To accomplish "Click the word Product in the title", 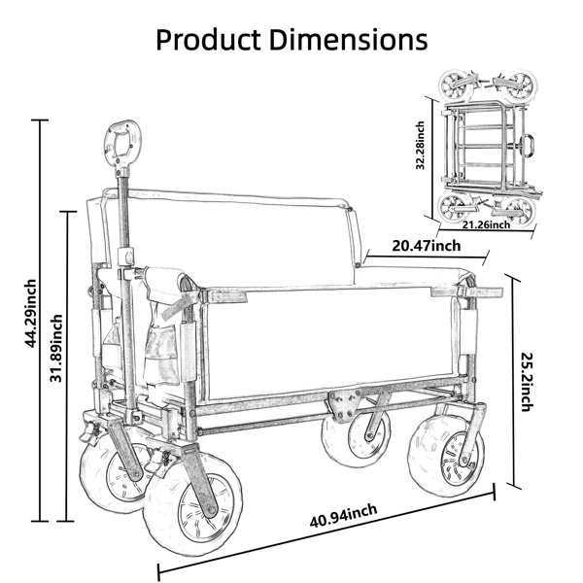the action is pyautogui.click(x=208, y=40).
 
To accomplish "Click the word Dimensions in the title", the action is pyautogui.click(x=348, y=40).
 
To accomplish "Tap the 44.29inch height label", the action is pyautogui.click(x=31, y=314).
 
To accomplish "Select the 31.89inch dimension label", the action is pyautogui.click(x=56, y=348).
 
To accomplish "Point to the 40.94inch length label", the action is pyautogui.click(x=343, y=515).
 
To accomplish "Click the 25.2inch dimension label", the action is pyautogui.click(x=527, y=382).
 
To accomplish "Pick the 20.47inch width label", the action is pyautogui.click(x=427, y=246).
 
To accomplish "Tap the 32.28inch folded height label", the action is pyautogui.click(x=420, y=146).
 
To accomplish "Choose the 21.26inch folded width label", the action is pyautogui.click(x=487, y=224).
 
